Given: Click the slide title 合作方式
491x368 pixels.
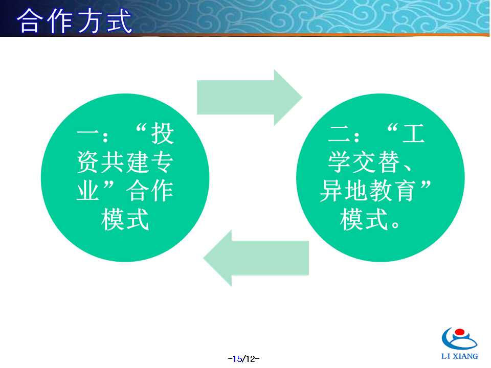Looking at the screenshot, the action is [75, 20].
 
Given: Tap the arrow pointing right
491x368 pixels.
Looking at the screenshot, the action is [249, 97].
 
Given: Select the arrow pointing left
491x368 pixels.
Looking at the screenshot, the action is [256, 258].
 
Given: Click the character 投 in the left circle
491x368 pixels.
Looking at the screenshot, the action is [163, 133].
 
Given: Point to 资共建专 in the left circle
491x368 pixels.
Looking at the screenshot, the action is [125, 162].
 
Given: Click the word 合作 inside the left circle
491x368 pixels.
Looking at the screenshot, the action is [150, 191].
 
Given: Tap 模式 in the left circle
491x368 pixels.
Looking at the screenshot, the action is [125, 220].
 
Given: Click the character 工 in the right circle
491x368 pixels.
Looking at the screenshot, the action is [413, 133].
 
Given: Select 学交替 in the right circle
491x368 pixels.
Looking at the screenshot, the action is [363, 162].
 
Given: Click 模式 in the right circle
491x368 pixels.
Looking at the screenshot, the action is [364, 220].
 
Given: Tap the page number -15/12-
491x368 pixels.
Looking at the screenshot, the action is [243, 359].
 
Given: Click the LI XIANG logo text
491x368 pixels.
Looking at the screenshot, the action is [460, 356].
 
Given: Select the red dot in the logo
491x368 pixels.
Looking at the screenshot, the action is [460, 332].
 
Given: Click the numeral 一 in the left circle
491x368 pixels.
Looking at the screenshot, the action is [87, 133].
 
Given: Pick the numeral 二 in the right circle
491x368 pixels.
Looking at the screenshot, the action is [339, 133].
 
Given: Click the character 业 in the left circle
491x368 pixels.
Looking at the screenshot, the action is [88, 191].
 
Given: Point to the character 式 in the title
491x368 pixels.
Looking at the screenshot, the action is [120, 21].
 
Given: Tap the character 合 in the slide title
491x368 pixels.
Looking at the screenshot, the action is [29, 20].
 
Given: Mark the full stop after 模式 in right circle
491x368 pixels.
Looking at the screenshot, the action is [395, 225].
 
